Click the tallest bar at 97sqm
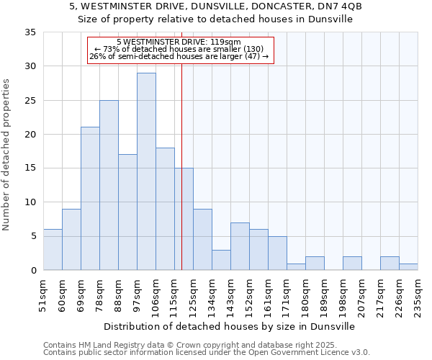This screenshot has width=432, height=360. point(146,171)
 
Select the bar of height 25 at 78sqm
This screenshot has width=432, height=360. point(109,185)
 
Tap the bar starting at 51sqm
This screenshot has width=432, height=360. point(53,250)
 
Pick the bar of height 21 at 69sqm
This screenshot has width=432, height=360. point(90,199)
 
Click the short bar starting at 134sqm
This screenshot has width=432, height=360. point(221,260)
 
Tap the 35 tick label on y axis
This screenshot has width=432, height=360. point(30,32)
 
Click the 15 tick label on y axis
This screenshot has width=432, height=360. point(30,168)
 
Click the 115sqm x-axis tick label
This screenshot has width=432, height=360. point(174,294)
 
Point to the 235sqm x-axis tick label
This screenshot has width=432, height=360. point(418,294)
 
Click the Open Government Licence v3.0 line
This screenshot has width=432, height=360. point(206,353)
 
